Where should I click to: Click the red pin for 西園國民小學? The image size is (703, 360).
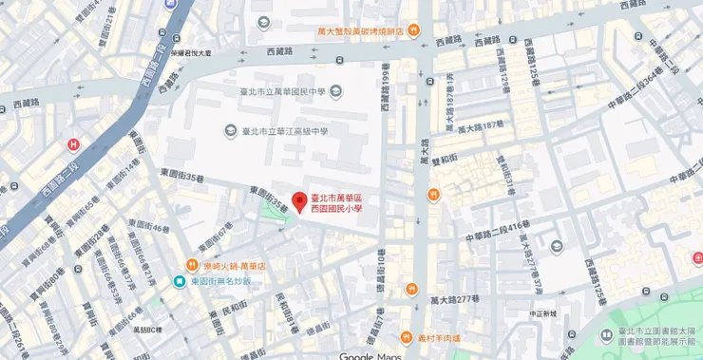(298, 203)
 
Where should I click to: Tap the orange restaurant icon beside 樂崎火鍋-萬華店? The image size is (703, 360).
(192, 265)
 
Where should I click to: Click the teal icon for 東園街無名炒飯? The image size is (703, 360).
(179, 281)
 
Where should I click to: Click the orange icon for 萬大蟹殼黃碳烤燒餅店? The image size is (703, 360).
(411, 31)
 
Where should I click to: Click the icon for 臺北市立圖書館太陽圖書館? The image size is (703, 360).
(606, 334)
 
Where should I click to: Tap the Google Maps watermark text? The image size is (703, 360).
(370, 355)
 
